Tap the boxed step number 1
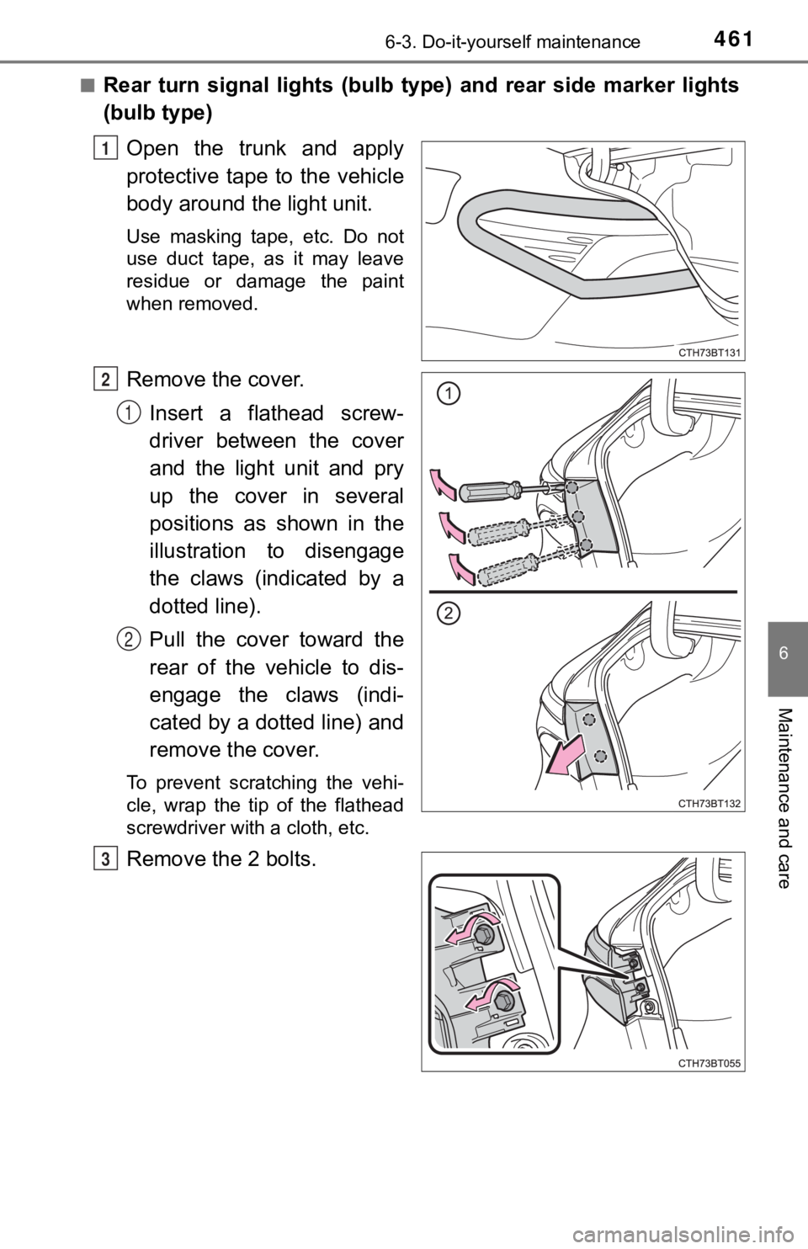pyautogui.click(x=105, y=149)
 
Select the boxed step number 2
pyautogui.click(x=105, y=380)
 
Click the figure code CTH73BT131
pyautogui.click(x=710, y=352)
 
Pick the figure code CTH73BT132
pyautogui.click(x=710, y=803)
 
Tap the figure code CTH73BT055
pyautogui.click(x=710, y=1063)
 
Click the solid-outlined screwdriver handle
pyautogui.click(x=487, y=492)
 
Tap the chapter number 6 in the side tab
pyautogui.click(x=784, y=654)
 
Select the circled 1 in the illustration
pyautogui.click(x=448, y=394)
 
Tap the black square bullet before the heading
pyautogui.click(x=89, y=85)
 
